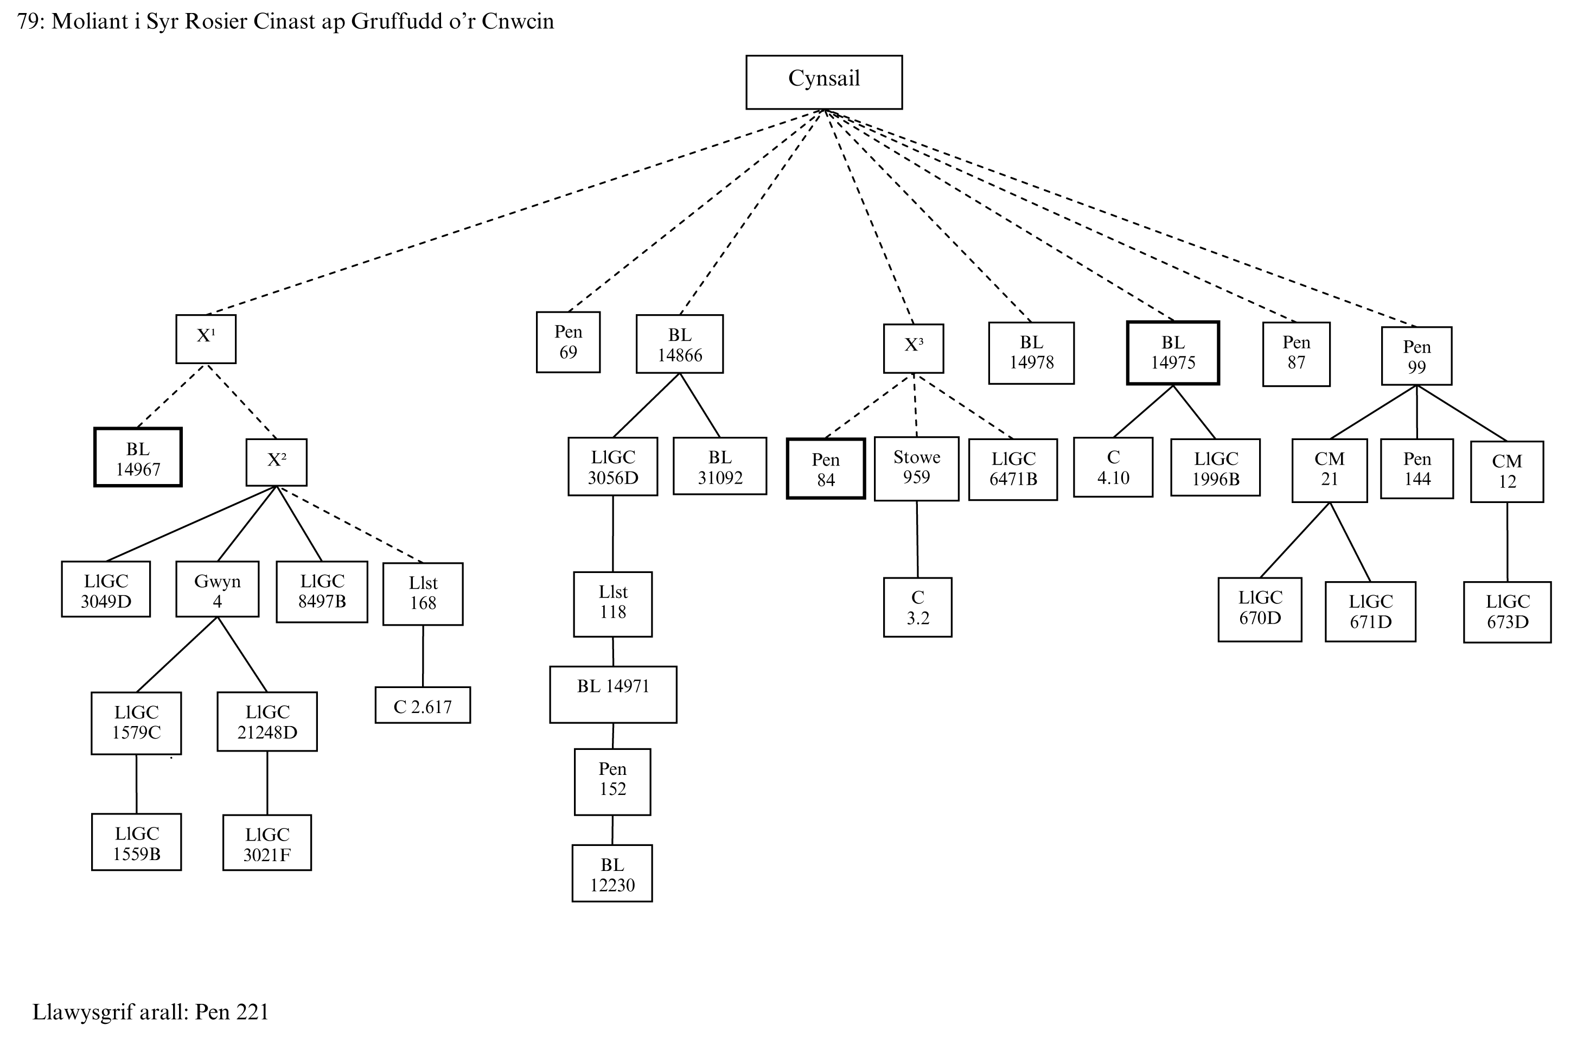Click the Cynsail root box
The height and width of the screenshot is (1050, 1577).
(x=823, y=82)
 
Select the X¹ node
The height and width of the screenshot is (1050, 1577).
(x=206, y=339)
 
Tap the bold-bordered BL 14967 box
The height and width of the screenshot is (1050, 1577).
(x=138, y=457)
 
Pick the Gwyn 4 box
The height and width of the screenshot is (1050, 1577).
(x=217, y=589)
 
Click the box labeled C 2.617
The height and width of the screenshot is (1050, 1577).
(x=423, y=705)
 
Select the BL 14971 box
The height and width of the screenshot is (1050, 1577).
(x=612, y=695)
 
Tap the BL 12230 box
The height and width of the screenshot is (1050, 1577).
(x=612, y=873)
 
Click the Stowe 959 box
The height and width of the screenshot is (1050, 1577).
(x=916, y=468)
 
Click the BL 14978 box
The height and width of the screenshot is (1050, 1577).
(x=1031, y=353)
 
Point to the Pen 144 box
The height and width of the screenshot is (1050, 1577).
(x=1416, y=469)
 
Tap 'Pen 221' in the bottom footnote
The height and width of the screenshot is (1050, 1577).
(x=232, y=1011)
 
